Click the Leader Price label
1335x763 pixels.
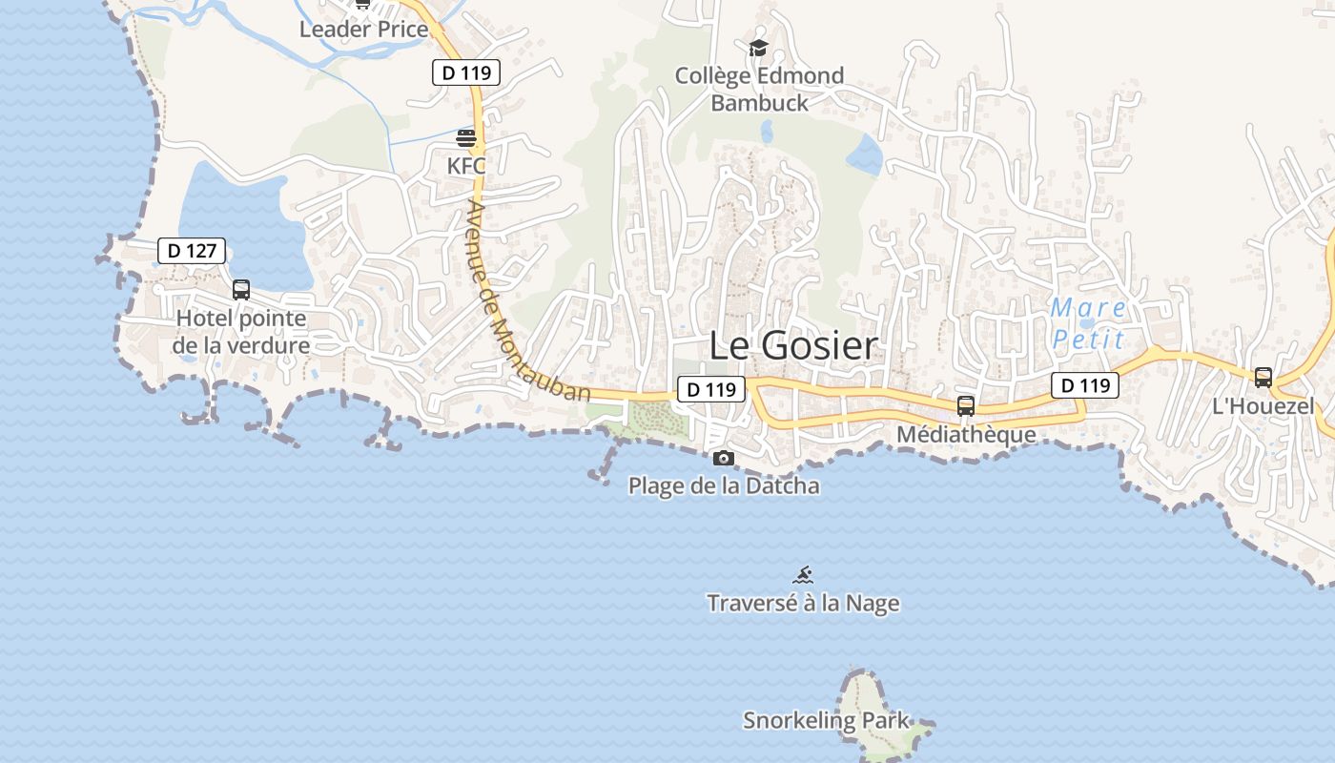[363, 30]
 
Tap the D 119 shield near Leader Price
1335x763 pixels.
[466, 72]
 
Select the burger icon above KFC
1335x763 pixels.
[466, 138]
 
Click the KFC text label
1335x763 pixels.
[466, 166]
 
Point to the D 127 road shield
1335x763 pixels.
[192, 251]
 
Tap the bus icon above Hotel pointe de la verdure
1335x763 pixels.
[241, 289]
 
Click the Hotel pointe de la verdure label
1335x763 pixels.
[241, 332]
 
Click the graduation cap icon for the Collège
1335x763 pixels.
[759, 48]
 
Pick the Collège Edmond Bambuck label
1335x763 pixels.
[759, 89]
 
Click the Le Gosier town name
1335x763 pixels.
[792, 345]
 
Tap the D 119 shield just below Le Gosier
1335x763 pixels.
[711, 389]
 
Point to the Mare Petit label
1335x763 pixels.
[1088, 323]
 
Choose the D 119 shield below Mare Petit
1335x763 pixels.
[1085, 385]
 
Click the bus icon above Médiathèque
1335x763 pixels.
[966, 406]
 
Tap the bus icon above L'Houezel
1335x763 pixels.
[1263, 378]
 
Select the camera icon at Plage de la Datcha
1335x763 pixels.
[724, 458]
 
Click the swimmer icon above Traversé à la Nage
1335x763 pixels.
[804, 574]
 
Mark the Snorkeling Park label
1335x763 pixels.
[827, 720]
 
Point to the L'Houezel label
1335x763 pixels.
[1263, 407]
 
